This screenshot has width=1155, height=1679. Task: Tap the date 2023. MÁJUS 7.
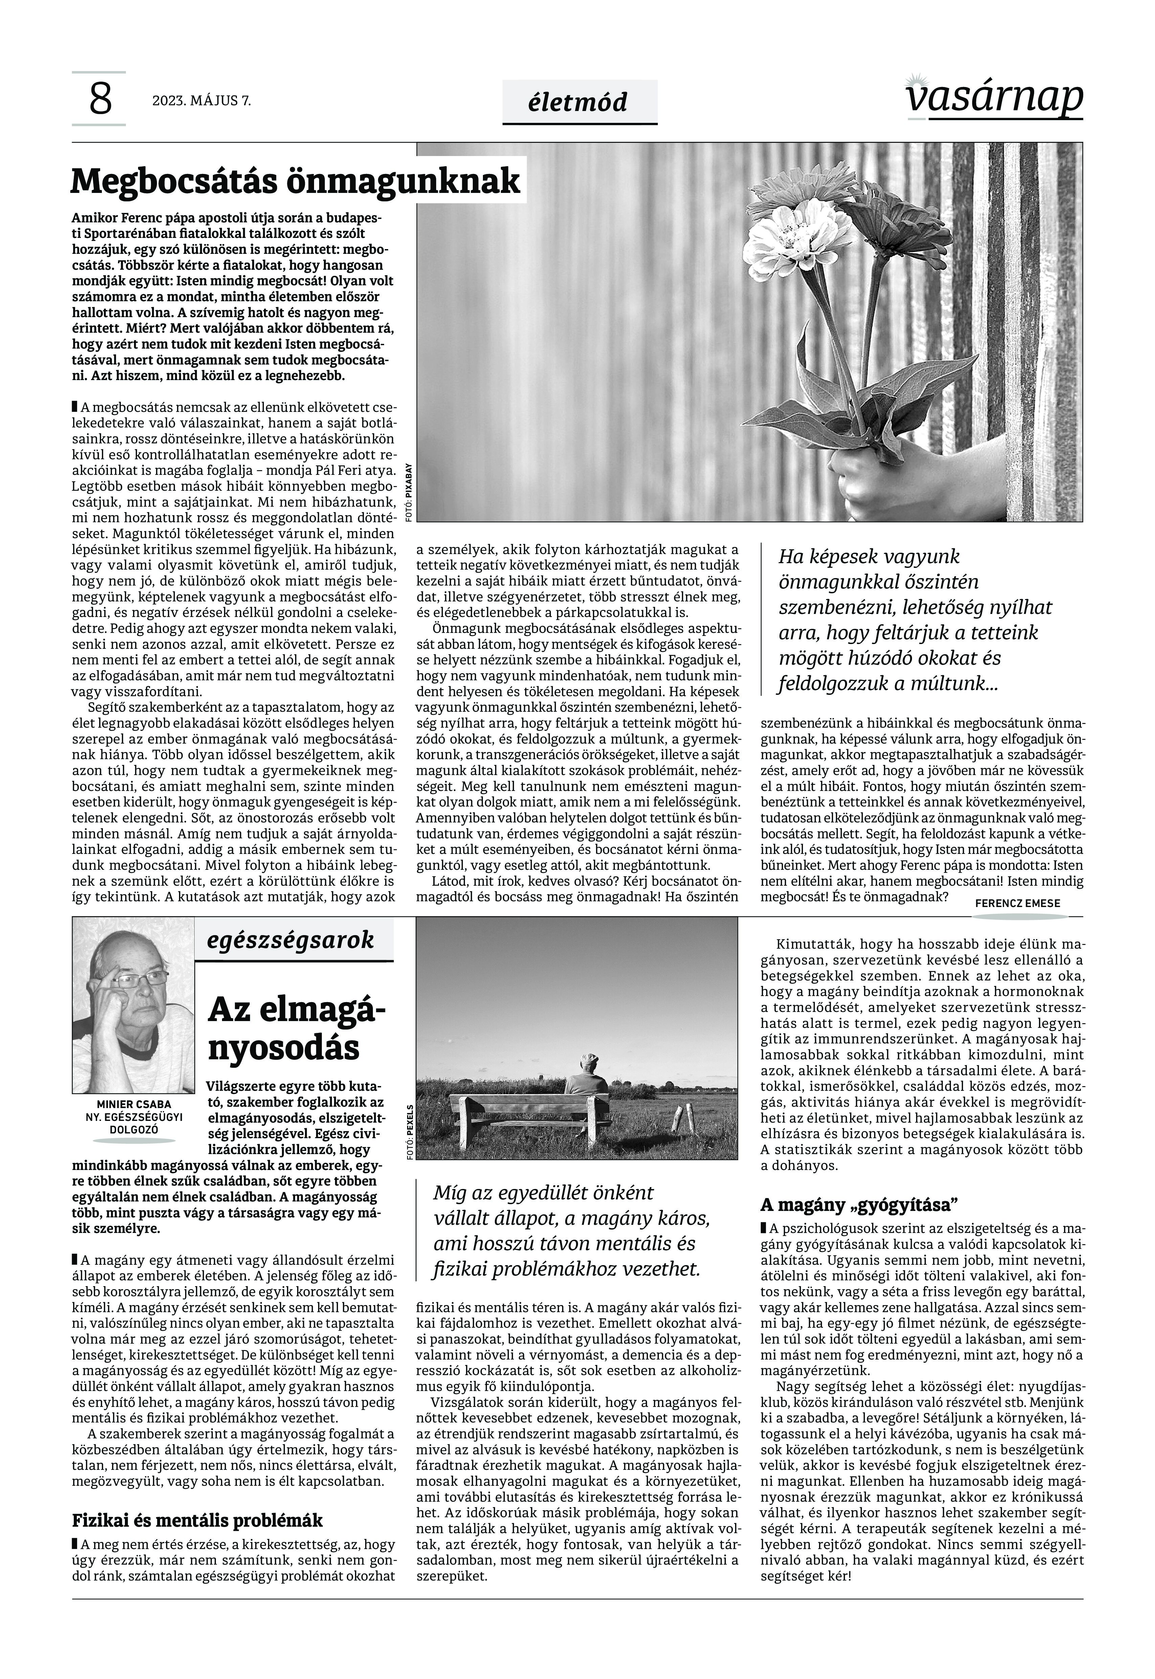tap(201, 101)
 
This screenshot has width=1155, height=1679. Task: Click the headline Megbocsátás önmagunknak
tap(295, 181)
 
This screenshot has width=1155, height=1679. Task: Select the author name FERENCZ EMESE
tap(1018, 903)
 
